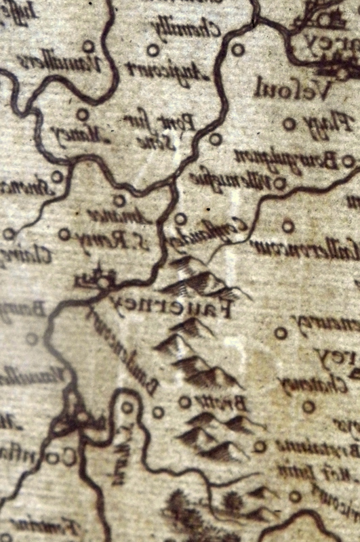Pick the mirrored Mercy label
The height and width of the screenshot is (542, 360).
coord(75,134)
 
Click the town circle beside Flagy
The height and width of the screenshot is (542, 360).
coord(289,124)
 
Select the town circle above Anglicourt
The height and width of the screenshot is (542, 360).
coord(153,49)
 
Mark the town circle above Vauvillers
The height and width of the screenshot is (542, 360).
coord(87,46)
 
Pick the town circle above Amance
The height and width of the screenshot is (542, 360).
coord(119,200)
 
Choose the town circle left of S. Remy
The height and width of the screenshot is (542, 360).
coord(64,234)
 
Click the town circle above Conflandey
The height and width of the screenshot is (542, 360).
coord(180,219)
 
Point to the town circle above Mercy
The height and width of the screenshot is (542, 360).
coord(82,114)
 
